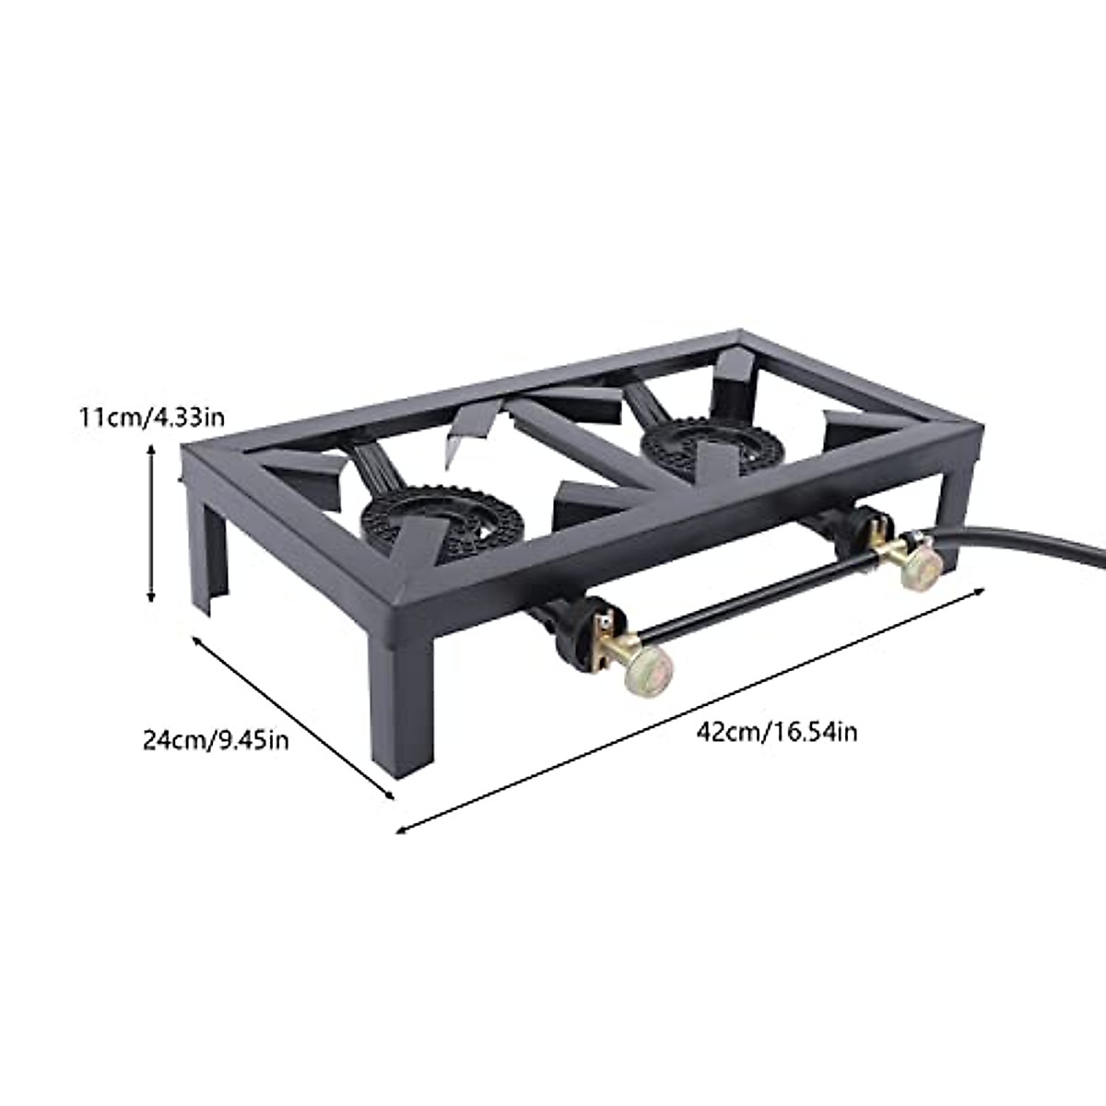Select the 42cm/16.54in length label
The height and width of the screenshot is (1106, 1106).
pos(777,733)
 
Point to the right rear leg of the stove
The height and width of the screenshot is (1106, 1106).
pos(955,498)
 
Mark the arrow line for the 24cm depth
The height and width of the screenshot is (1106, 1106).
pos(293,716)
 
